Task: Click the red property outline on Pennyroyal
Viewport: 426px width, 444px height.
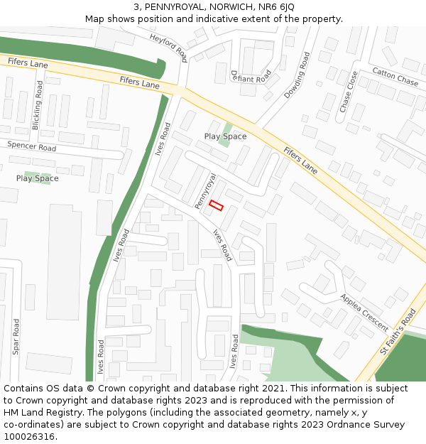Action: coord(217,206)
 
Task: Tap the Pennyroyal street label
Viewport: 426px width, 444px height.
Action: coord(205,190)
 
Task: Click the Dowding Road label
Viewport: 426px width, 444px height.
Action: coord(297,75)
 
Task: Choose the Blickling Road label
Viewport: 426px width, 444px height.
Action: coord(38,104)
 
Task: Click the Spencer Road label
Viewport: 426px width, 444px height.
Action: coord(31,146)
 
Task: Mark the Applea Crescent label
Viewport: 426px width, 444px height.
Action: coord(364,313)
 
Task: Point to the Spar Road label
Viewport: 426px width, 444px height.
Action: coord(16,337)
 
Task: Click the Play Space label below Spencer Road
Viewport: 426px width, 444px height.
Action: coord(37,178)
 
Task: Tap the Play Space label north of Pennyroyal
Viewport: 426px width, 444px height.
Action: coord(225,136)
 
